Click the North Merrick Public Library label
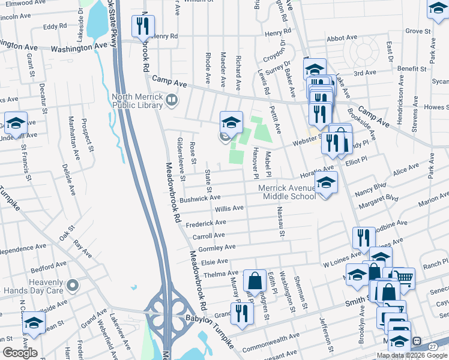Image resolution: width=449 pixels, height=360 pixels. pos(137,101)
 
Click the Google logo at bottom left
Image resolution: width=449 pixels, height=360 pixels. pos(19,353)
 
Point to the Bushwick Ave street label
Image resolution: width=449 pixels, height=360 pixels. pos(200,197)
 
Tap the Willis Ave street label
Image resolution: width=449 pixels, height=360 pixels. pos(229,209)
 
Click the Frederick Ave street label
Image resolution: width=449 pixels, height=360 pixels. pos(205,223)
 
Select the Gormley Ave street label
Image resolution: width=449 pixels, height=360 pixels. pos(217,248)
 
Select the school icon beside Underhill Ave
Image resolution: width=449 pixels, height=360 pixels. pos(16,124)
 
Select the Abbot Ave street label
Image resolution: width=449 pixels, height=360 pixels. pos(342,38)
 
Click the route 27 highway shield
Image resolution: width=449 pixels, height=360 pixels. pos(433,347)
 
